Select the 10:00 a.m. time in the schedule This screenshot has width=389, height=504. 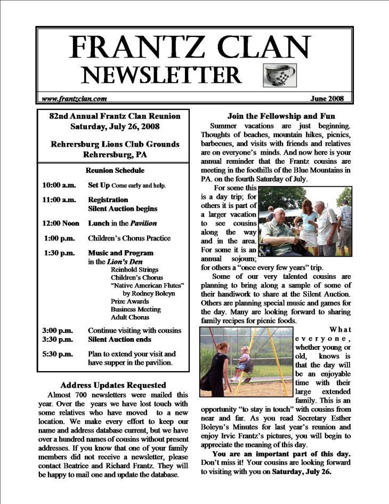58,186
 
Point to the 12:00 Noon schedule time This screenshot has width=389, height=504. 60,223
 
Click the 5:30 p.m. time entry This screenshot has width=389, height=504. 58,354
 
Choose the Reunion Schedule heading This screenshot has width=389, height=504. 115,171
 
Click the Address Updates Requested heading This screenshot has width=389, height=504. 113,385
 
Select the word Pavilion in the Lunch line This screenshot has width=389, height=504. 143,223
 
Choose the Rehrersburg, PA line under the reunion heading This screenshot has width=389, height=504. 115,155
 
